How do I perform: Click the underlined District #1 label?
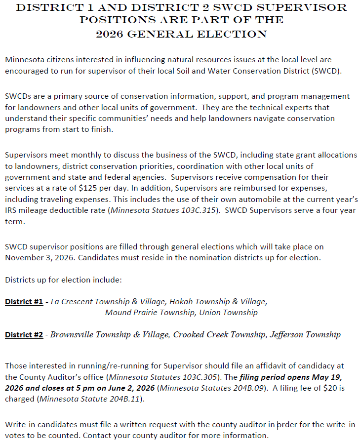click(x=24, y=301)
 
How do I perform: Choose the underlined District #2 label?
click(x=24, y=335)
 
